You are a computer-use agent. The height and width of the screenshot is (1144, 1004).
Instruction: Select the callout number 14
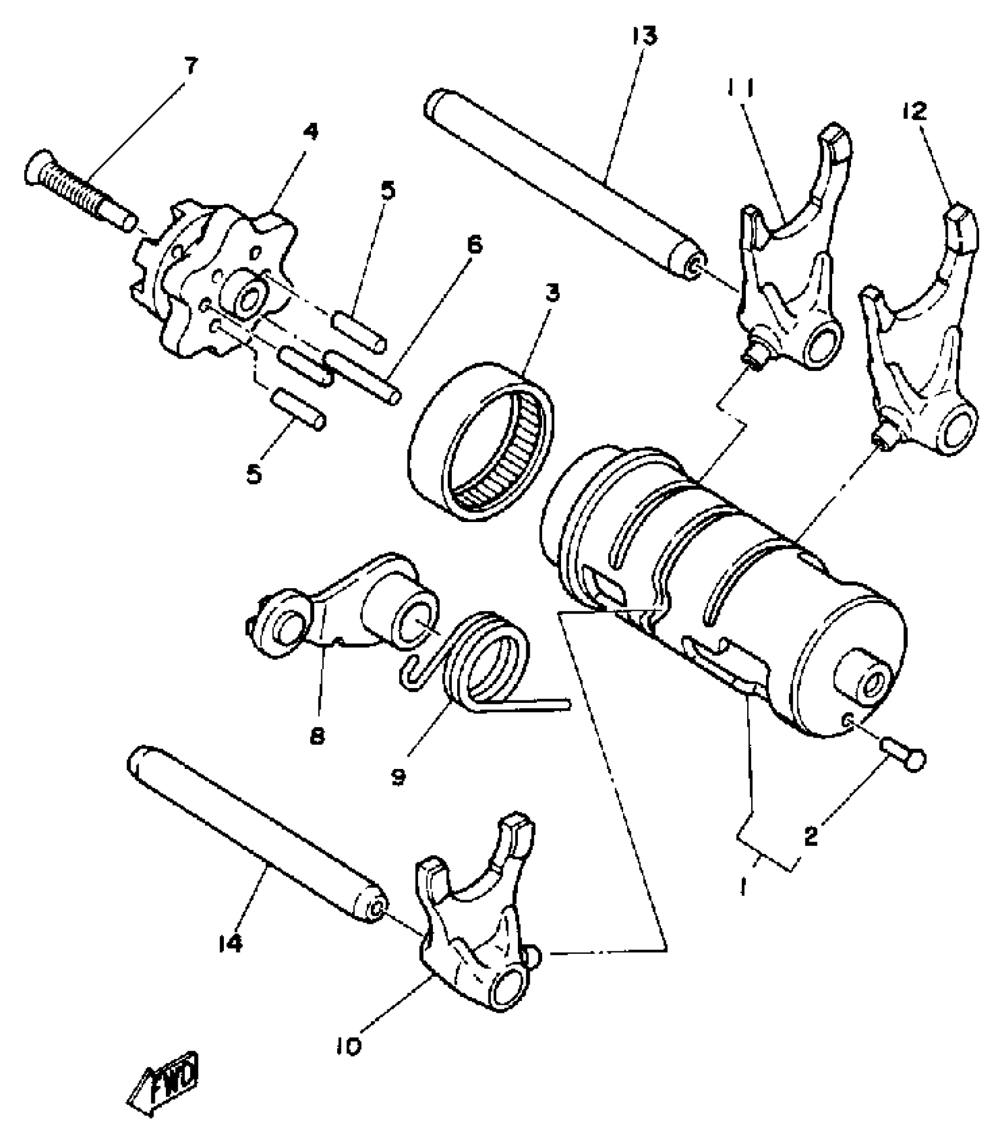230,944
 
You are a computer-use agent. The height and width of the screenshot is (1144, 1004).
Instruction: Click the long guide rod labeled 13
561,183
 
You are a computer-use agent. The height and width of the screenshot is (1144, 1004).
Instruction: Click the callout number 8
317,736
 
